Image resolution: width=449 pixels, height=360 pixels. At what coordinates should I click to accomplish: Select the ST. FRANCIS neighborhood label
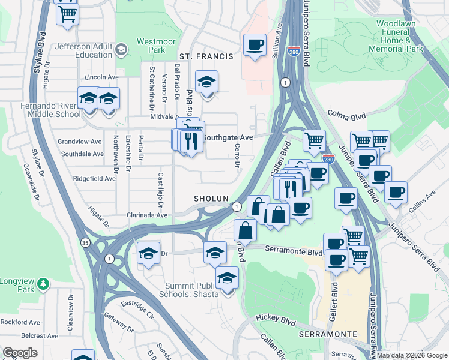(x=206, y=56)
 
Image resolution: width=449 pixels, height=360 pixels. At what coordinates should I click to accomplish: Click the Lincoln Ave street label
(x=102, y=77)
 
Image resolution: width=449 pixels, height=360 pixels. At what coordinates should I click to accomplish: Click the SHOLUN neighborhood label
(x=211, y=199)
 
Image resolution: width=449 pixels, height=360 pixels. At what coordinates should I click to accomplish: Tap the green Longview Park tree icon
(x=43, y=283)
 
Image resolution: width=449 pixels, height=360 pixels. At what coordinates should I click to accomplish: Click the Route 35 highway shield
(x=85, y=242)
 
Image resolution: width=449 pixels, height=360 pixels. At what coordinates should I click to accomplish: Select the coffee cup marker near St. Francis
(x=255, y=45)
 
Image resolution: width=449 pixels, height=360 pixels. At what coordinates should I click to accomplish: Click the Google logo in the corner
(x=20, y=353)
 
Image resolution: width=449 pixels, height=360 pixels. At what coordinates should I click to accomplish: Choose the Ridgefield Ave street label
(x=94, y=179)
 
